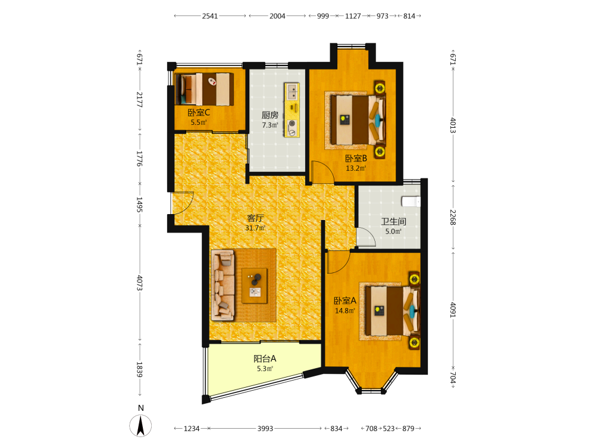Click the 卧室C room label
(199, 112)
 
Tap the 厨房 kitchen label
(270, 115)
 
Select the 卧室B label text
(356, 158)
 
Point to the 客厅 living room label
(255, 218)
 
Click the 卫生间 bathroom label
(393, 221)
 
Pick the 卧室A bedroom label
(345, 301)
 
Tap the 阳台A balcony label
(265, 359)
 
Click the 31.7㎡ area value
(255, 228)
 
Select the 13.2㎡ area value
(356, 168)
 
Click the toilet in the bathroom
(411, 201)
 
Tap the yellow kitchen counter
(292, 110)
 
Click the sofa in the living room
(223, 284)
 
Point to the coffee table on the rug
(254, 285)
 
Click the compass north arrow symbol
(140, 426)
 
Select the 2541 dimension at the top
(210, 16)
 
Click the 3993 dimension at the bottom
(265, 429)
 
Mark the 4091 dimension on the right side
(453, 310)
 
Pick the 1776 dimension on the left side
(139, 159)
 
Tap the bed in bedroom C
(204, 89)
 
